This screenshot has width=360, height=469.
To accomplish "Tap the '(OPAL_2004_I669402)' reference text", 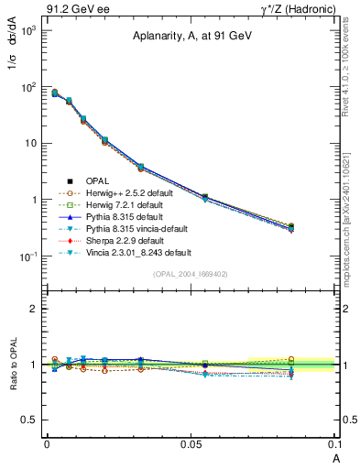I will click(190, 273).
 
